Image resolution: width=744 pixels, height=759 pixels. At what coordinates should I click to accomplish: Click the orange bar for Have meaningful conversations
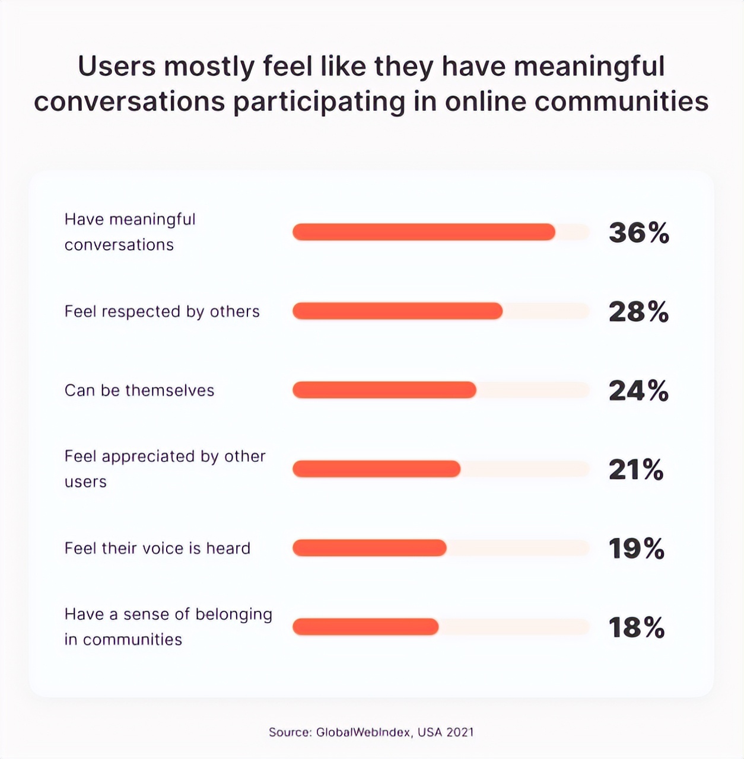click(x=424, y=232)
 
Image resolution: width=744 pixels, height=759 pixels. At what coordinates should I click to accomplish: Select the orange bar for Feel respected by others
click(x=398, y=311)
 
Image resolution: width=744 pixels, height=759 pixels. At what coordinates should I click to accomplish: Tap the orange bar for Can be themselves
click(x=384, y=390)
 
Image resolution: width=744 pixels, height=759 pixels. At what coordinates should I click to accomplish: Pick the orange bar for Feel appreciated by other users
click(x=376, y=468)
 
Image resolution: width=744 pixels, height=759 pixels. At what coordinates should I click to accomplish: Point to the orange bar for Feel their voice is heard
click(x=369, y=547)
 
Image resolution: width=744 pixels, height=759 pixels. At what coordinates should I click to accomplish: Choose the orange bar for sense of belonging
click(x=365, y=626)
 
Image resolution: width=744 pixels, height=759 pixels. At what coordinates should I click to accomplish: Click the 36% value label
click(x=639, y=232)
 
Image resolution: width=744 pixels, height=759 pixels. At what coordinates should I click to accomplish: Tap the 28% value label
click(x=638, y=311)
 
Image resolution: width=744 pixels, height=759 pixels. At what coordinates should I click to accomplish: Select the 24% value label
click(x=638, y=390)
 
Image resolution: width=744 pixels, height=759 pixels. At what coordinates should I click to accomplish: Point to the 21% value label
click(x=636, y=469)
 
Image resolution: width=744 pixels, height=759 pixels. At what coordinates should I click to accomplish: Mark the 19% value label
click(x=637, y=548)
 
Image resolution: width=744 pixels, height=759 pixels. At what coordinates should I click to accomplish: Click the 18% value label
click(x=637, y=627)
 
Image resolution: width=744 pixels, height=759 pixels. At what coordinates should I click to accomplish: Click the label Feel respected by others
click(x=162, y=311)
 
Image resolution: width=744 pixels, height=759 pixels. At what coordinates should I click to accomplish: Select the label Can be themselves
click(x=139, y=390)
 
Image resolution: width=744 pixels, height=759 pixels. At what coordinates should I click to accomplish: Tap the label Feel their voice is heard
click(x=157, y=548)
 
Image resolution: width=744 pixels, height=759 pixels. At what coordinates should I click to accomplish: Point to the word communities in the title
click(x=621, y=101)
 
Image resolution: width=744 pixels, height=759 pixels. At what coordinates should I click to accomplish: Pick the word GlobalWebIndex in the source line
click(x=363, y=732)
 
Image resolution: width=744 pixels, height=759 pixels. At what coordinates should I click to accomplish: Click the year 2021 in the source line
click(x=460, y=732)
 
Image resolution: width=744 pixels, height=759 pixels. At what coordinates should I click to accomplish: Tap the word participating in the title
click(x=319, y=102)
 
